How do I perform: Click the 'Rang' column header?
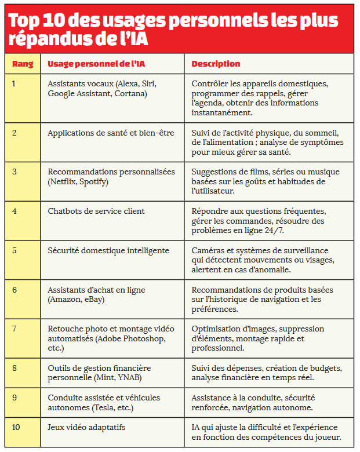23,64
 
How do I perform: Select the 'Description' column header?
216,64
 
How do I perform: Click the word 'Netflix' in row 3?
64,182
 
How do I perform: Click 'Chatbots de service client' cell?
96,211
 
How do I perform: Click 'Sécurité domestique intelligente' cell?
108,250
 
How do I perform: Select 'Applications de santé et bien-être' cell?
111,133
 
